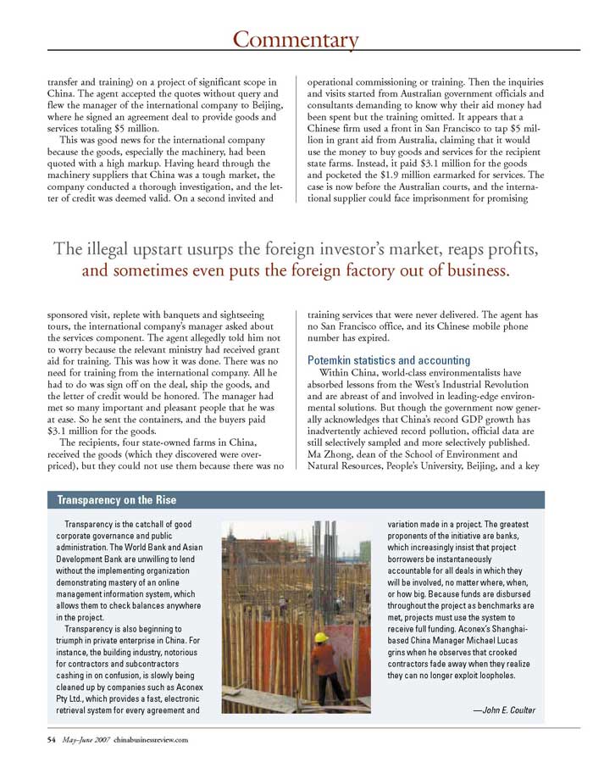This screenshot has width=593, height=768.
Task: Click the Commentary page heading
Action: coord(296,39)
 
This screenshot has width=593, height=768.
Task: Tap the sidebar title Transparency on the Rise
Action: coord(116,499)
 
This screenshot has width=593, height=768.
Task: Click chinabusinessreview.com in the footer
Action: coord(150,739)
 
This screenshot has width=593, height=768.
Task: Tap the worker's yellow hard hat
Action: coord(321,637)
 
